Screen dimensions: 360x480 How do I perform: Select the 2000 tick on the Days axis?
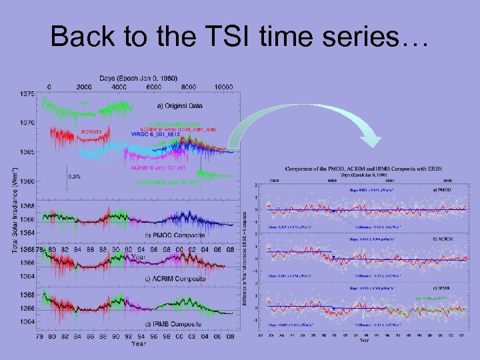click(x=84, y=87)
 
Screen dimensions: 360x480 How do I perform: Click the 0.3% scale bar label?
click(x=77, y=177)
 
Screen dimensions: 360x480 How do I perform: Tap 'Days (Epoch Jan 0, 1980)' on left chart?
click(x=139, y=78)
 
